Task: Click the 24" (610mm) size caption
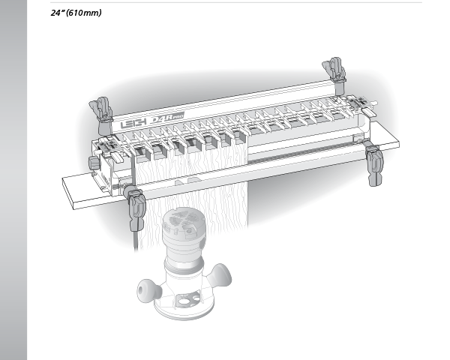pos(76,13)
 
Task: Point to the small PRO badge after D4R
pos(178,116)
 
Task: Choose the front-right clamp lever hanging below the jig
pos(374,163)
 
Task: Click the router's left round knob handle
pos(148,290)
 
